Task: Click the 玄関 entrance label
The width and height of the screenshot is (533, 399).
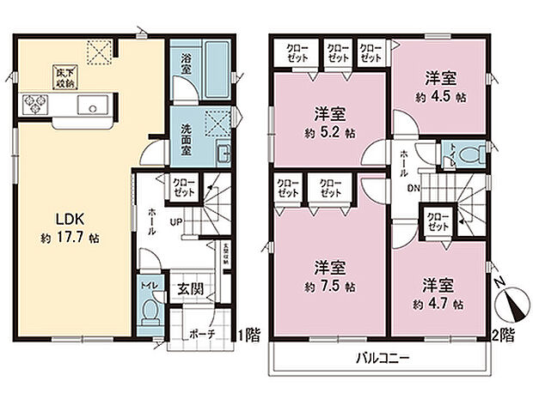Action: tap(191, 289)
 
